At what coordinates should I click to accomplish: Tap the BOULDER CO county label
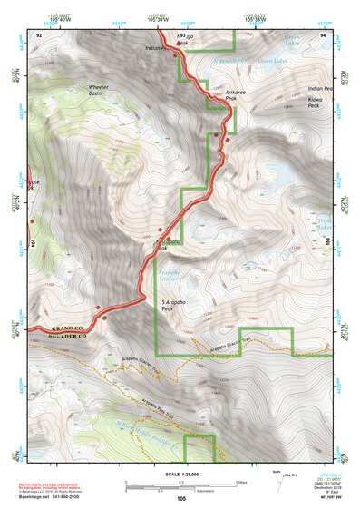click(64, 337)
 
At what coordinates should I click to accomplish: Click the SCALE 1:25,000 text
click(181, 475)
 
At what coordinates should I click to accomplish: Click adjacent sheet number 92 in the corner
click(40, 34)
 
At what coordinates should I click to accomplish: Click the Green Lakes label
click(271, 61)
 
